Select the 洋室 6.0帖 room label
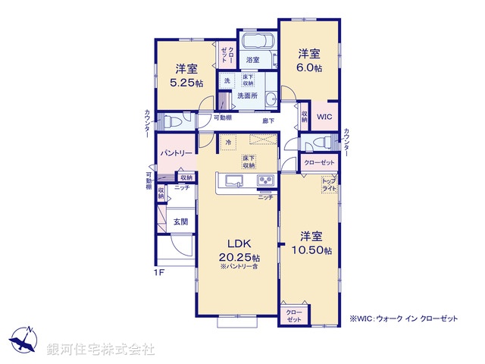[x=308, y=60]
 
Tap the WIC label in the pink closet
[x=324, y=117]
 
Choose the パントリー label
[x=175, y=153]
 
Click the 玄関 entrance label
[x=180, y=221]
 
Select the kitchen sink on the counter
[x=232, y=180]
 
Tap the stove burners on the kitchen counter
[x=265, y=180]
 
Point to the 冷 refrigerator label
[x=227, y=141]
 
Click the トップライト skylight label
[x=329, y=184]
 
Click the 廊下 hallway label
[x=269, y=121]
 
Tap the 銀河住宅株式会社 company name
[x=101, y=350]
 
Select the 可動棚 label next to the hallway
[x=222, y=118]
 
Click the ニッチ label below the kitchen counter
[x=264, y=197]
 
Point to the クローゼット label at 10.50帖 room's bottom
[x=293, y=315]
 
